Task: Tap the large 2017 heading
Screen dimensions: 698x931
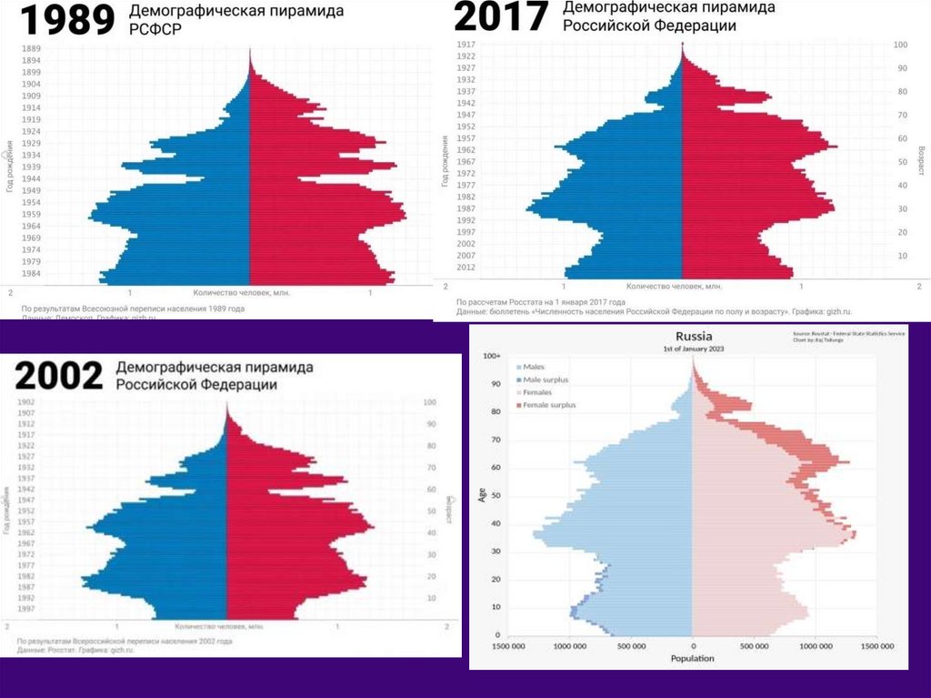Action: pyautogui.click(x=502, y=15)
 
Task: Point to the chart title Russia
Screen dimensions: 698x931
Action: pyautogui.click(x=692, y=336)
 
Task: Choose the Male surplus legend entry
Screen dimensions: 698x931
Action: pyautogui.click(x=543, y=379)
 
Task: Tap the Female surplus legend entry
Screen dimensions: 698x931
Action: pyautogui.click(x=546, y=404)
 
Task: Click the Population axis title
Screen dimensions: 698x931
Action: pyautogui.click(x=692, y=658)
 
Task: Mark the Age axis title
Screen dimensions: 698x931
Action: pyautogui.click(x=481, y=495)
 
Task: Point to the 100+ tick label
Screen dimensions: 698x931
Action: pyautogui.click(x=492, y=356)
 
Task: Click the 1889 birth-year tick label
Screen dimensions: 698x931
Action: pyautogui.click(x=30, y=47)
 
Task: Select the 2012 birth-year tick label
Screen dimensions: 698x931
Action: pyautogui.click(x=465, y=268)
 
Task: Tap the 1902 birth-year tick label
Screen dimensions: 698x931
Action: pyautogui.click(x=25, y=402)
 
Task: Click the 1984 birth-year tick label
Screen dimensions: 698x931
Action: pyautogui.click(x=30, y=273)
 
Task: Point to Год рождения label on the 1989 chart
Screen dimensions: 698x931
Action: pyautogui.click(x=8, y=164)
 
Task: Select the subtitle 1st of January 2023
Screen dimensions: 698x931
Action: pyautogui.click(x=692, y=349)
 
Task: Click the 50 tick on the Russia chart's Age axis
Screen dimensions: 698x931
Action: pyautogui.click(x=496, y=496)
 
